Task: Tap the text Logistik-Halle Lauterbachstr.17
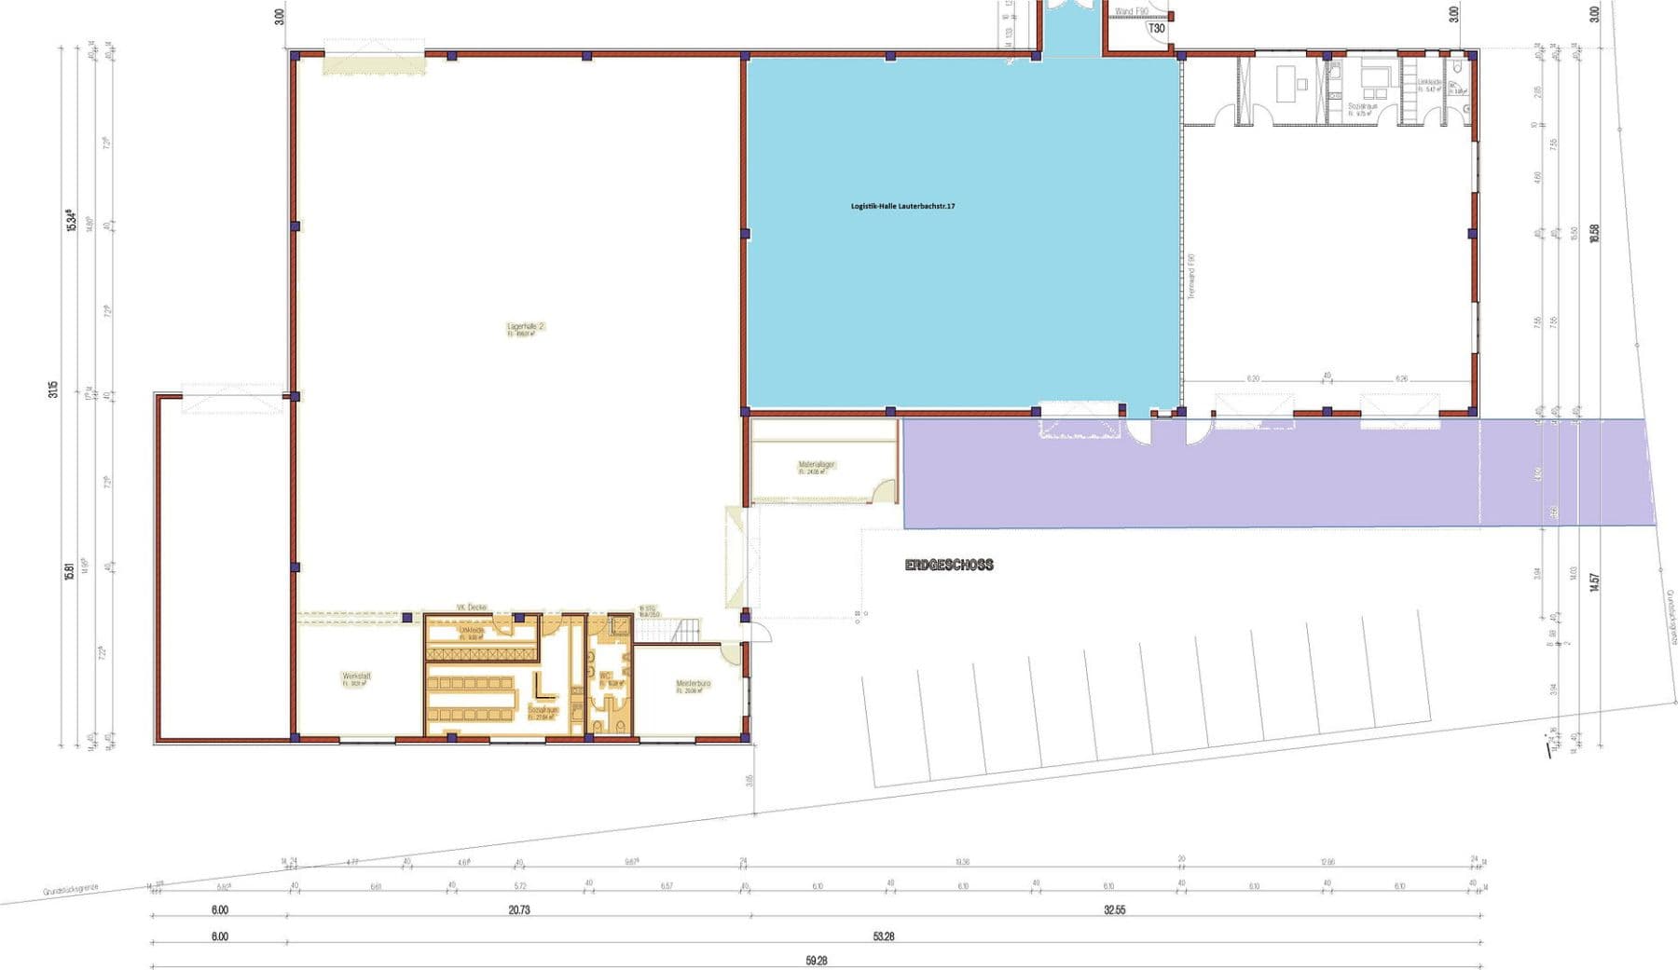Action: coord(902,206)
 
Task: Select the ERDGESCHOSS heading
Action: coord(949,565)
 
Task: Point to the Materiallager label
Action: coord(816,465)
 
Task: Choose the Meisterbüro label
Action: coord(693,685)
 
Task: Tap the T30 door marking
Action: coord(1156,29)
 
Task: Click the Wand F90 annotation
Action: coord(1131,11)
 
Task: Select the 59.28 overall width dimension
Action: coord(816,961)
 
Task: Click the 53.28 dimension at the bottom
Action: coord(883,936)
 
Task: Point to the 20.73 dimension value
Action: coord(518,910)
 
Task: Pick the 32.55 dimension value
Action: coord(1114,910)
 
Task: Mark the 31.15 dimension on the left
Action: coord(54,389)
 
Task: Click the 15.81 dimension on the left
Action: coord(69,572)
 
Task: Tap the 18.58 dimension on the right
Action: coord(1594,233)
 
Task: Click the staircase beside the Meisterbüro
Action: coord(685,631)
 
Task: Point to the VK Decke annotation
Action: coord(471,608)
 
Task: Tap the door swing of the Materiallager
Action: coord(881,491)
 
